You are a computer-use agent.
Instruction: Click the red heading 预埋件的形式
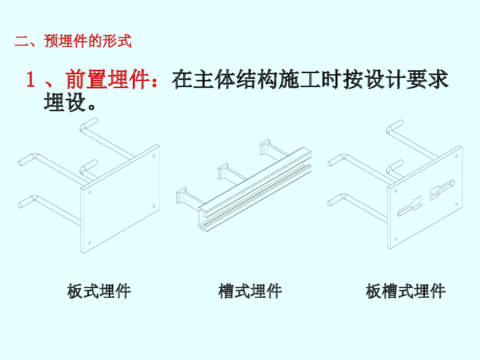pyautogui.click(x=88, y=41)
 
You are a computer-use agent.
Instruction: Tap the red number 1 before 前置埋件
pyautogui.click(x=31, y=80)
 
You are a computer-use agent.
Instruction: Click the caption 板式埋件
pyautogui.click(x=99, y=291)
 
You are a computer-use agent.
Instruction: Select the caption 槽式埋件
pyautogui.click(x=250, y=291)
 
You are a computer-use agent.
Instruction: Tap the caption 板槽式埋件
pyautogui.click(x=405, y=291)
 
